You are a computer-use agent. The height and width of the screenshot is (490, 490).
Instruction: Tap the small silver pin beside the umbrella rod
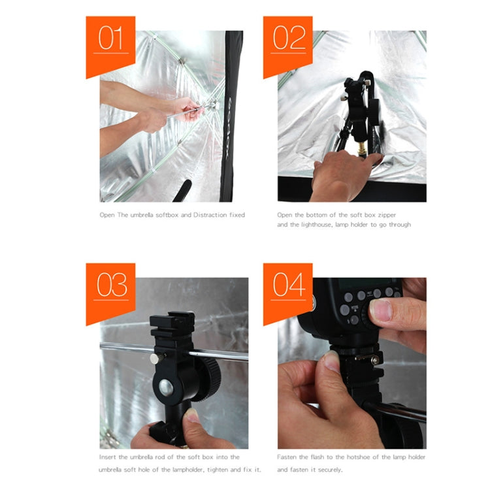pos(155,358)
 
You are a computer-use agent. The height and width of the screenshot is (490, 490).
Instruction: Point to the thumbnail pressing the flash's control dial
pos(380,310)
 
